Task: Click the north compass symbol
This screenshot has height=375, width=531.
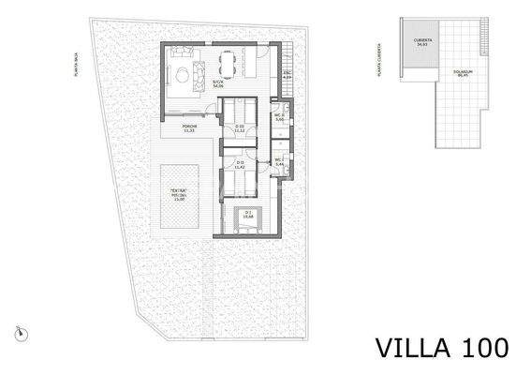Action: (x=19, y=331)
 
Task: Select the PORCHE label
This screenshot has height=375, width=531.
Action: (x=188, y=128)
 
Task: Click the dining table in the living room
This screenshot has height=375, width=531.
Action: (x=225, y=64)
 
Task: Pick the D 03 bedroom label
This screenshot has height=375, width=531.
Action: (x=239, y=127)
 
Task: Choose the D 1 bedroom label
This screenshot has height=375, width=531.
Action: (x=249, y=215)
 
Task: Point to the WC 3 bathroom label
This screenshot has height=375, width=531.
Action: (x=279, y=118)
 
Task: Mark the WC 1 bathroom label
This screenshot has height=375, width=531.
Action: (x=279, y=163)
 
